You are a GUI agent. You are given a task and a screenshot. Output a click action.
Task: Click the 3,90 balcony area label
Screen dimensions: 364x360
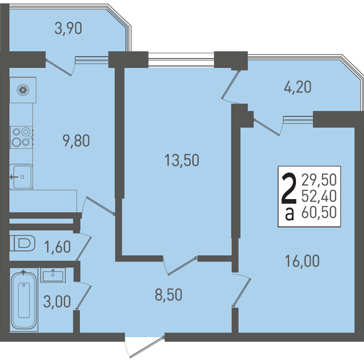click(x=68, y=29)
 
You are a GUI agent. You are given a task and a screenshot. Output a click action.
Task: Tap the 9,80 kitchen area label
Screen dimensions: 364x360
click(x=76, y=141)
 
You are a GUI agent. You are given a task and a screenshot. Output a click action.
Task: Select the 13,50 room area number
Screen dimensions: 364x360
click(x=182, y=160)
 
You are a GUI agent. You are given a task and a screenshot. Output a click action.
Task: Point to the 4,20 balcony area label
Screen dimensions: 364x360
click(x=297, y=87)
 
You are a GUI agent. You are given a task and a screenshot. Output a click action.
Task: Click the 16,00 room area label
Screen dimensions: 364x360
click(x=302, y=261)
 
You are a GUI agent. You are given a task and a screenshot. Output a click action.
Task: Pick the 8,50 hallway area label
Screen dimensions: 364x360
click(x=168, y=295)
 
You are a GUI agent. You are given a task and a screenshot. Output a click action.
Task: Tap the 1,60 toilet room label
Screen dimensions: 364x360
click(x=57, y=247)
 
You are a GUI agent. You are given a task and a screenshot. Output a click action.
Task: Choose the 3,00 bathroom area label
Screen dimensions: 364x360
click(x=57, y=302)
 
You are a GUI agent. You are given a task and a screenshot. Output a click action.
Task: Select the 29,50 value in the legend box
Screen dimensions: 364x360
click(x=319, y=180)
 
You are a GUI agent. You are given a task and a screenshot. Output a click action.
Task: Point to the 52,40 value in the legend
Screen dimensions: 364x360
click(x=319, y=196)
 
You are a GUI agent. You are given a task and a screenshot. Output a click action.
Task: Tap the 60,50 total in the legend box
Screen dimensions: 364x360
click(x=319, y=212)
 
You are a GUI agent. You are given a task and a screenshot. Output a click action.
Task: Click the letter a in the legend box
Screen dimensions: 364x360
click(x=290, y=214)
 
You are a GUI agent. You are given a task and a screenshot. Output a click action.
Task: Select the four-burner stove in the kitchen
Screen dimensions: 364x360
click(x=22, y=137)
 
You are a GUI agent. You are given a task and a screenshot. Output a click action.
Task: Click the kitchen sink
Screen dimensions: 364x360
click(x=21, y=177)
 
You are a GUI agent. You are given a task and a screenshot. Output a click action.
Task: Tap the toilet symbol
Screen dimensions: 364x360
click(x=23, y=243)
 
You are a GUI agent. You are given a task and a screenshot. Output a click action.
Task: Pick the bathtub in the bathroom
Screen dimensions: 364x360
click(x=24, y=301)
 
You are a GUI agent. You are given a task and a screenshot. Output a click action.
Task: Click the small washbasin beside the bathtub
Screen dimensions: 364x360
click(x=53, y=275)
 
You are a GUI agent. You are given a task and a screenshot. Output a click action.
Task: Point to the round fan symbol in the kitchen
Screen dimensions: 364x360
click(x=23, y=90)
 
